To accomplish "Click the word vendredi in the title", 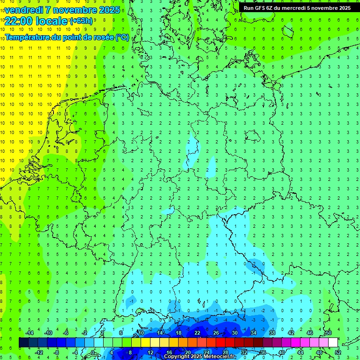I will pos(24,10).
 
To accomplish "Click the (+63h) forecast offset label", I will pos(81,21).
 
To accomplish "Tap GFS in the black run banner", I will pos(260,8).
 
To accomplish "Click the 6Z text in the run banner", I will pos(271,8).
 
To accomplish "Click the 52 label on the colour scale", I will pos(337,352).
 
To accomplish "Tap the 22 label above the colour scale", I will pos(197,333).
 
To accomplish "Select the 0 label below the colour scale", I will pos(93,352).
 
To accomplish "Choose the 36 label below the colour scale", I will pos(262,352).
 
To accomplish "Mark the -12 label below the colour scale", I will pos(39,352).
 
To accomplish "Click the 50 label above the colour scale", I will pos(328,333).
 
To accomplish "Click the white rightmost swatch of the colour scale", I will pos(333,343).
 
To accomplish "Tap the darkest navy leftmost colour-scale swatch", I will pos(23,343).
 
